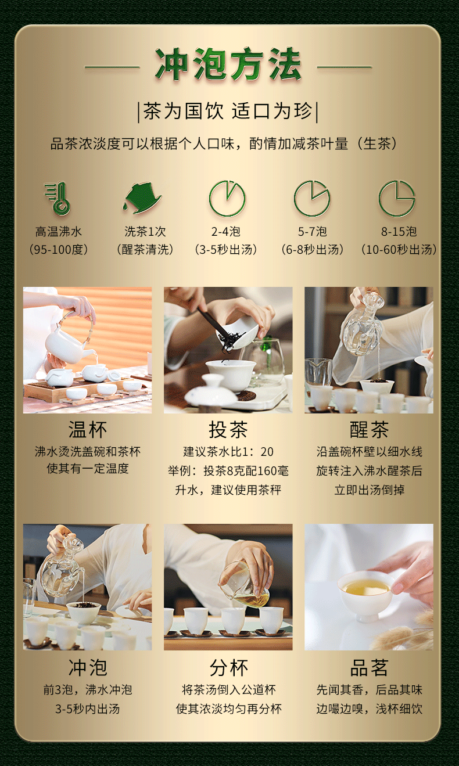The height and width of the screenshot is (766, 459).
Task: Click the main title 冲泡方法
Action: [x=228, y=65]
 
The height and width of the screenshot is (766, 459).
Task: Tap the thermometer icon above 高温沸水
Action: [x=58, y=199]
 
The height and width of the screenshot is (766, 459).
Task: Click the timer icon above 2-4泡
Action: [x=227, y=199]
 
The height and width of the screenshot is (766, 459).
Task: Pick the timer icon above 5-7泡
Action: [x=312, y=199]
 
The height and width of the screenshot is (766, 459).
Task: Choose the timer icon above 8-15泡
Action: [x=397, y=199]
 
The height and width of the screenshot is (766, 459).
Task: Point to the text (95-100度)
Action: [x=59, y=249]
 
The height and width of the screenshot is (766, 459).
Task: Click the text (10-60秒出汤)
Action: [x=399, y=249]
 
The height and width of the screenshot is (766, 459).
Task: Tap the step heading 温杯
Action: [x=88, y=430]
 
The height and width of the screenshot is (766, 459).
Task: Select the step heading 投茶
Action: [x=228, y=430]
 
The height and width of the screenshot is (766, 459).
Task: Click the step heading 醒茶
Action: [x=369, y=430]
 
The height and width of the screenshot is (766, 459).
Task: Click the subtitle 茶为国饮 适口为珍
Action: [x=228, y=112]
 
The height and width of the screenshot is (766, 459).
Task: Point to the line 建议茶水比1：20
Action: [x=228, y=452]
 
